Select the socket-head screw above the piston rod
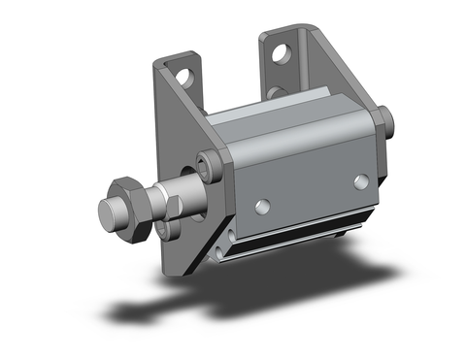click(x=207, y=160)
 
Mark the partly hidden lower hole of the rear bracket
click(x=274, y=93)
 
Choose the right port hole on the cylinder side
click(x=361, y=180)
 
